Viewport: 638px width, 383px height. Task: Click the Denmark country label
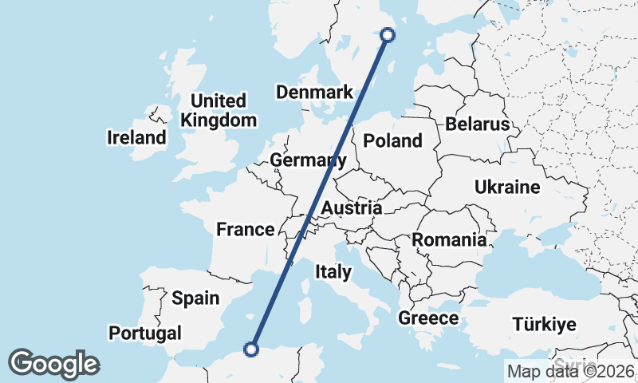tap(314, 93)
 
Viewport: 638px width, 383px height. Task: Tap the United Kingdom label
tap(219, 111)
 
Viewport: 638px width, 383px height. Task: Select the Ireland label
tap(136, 138)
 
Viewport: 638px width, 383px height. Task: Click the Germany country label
tap(308, 160)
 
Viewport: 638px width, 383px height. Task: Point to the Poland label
tap(392, 141)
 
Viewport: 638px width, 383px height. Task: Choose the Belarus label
tap(477, 124)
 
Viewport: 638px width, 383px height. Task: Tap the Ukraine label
tap(507, 188)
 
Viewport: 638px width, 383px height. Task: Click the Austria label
tap(351, 208)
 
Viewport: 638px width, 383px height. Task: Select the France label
tap(246, 230)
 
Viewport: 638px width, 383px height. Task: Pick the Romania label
tap(449, 239)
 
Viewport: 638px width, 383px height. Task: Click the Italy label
tap(333, 272)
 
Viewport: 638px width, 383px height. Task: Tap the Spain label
tap(195, 298)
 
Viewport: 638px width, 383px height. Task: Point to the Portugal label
tap(146, 333)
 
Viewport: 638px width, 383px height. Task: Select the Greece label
tap(428, 319)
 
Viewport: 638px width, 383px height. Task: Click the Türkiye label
tap(544, 325)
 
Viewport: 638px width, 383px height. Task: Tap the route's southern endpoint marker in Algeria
tap(251, 349)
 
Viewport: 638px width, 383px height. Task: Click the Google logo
tap(53, 364)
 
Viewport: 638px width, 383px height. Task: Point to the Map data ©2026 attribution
tap(570, 371)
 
